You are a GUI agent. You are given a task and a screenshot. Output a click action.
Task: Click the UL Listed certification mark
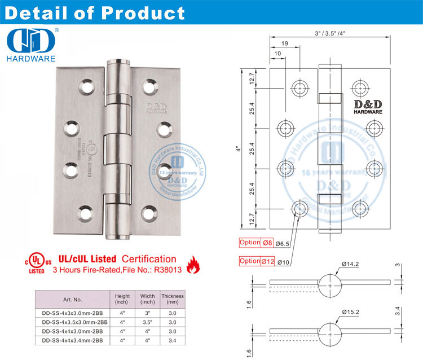(x=36, y=262)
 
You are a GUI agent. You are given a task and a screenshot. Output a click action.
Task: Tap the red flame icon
(x=193, y=262)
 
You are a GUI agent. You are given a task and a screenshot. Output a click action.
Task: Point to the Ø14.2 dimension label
(x=351, y=264)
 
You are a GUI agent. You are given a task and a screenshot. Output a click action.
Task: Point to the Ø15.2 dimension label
(x=351, y=312)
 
